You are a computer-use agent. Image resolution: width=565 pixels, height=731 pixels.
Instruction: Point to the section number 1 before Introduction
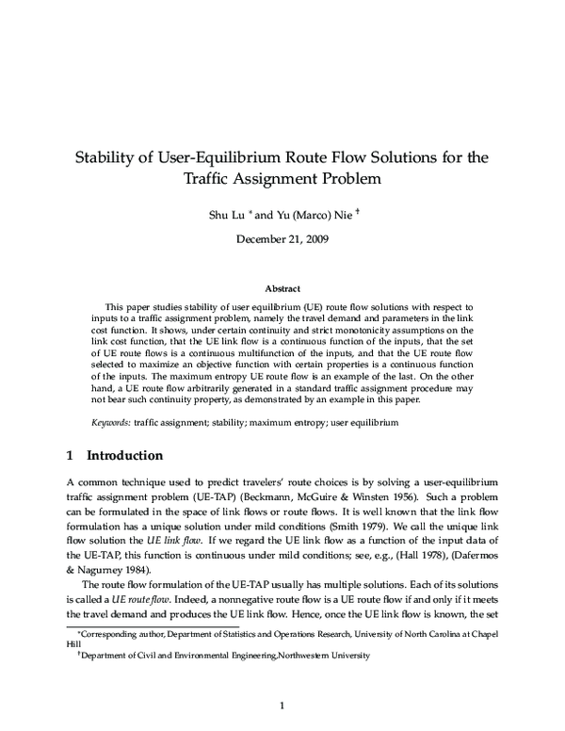click(70, 456)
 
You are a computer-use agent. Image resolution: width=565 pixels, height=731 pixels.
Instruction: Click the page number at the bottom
click(282, 704)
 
